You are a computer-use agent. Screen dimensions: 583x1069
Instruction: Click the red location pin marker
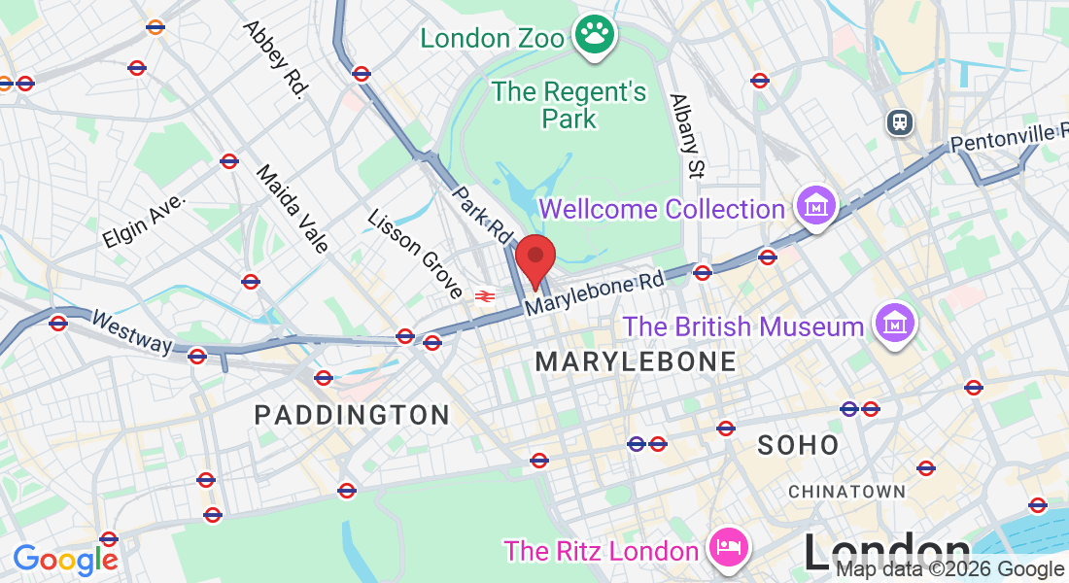point(534,259)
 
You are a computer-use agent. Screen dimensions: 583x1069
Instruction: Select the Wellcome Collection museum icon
point(815,207)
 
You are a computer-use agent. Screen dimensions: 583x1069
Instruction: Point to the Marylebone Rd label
point(595,292)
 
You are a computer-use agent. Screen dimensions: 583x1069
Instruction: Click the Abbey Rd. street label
point(275,60)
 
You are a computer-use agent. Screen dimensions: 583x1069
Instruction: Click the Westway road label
point(132,331)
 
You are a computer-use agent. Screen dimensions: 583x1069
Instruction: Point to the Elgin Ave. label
point(143,221)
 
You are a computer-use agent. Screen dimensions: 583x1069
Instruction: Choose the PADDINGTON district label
point(352,415)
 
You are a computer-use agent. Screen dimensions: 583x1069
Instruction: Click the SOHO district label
point(798,445)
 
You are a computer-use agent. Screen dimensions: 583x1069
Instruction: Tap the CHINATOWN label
point(846,492)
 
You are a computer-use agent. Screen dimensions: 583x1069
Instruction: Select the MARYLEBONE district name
point(636,362)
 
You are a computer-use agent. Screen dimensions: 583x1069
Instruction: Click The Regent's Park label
point(569,105)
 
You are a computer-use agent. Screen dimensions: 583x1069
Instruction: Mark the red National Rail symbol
point(482,295)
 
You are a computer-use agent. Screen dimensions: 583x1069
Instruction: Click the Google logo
point(65,560)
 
